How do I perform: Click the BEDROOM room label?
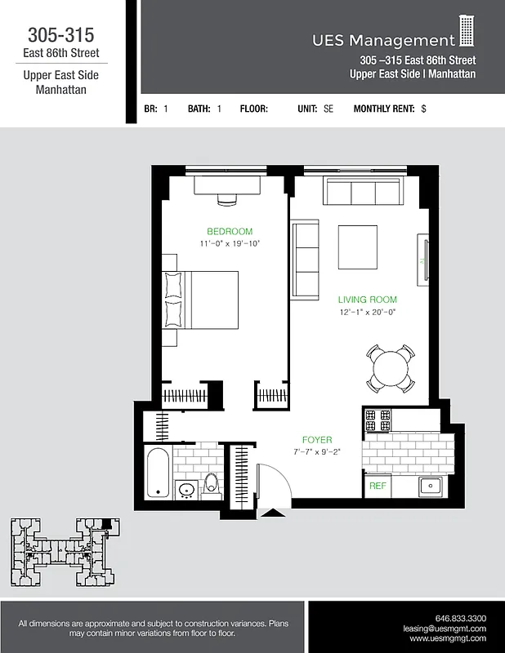(x=229, y=231)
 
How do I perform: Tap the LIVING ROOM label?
(x=367, y=300)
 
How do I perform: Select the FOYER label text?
(x=316, y=440)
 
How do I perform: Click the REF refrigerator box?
(x=378, y=486)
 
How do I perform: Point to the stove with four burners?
(x=378, y=420)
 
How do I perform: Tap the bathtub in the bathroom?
(x=157, y=471)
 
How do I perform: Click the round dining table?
(x=388, y=368)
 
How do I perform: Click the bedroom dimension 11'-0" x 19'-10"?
(x=229, y=243)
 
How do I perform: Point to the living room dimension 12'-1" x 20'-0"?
(x=367, y=312)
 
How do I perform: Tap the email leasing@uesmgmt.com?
(x=445, y=629)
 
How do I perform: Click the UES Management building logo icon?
(x=466, y=31)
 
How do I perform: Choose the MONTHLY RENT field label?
(x=383, y=109)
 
